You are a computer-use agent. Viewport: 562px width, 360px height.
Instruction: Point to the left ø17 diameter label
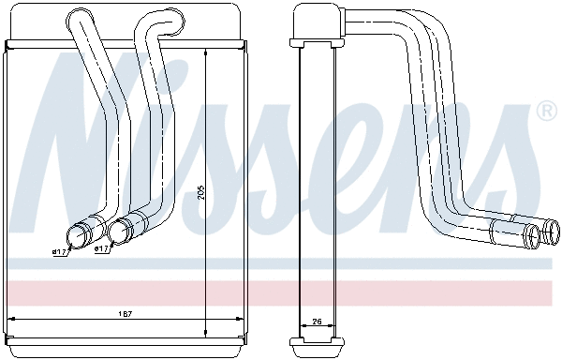[60, 251]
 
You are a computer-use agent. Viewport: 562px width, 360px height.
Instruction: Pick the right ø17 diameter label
[102, 249]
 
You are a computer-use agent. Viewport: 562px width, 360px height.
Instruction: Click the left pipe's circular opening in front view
[79, 236]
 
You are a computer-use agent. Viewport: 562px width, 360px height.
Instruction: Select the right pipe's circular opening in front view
[119, 232]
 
